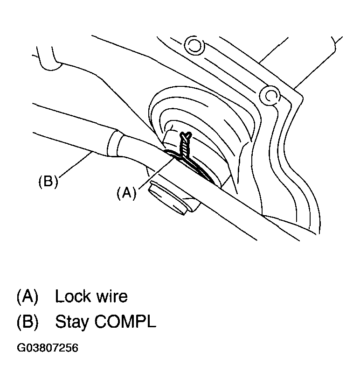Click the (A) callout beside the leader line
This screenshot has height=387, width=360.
click(x=126, y=193)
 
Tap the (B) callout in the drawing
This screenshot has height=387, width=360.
click(x=48, y=182)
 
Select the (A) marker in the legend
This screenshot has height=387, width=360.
click(x=28, y=296)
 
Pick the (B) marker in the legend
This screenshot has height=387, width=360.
click(x=28, y=322)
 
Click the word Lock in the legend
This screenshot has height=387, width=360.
click(x=74, y=296)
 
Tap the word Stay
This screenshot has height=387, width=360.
click(x=73, y=323)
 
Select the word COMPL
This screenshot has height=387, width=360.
click(x=127, y=322)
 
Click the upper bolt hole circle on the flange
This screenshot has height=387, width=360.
click(x=192, y=45)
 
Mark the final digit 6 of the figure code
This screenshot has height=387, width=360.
click(x=75, y=349)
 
